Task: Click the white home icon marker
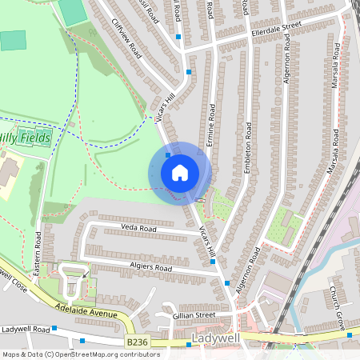(x=179, y=172)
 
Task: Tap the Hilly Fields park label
(x=26, y=138)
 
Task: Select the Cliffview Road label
(x=126, y=39)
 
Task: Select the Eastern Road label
(x=38, y=250)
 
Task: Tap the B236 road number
(x=138, y=342)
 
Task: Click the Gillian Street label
(x=194, y=316)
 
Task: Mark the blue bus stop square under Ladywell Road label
(x=82, y=342)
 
